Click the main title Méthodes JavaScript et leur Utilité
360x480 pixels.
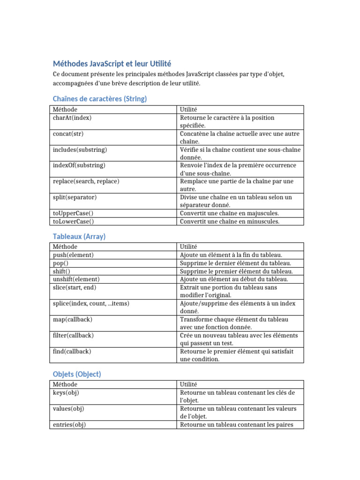(x=112, y=63)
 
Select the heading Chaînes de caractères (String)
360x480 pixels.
(x=100, y=98)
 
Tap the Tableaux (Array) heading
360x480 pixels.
(x=79, y=236)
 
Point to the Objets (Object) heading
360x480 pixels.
(x=77, y=374)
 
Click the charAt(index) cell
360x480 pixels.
(x=72, y=118)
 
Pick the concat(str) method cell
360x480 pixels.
(x=68, y=134)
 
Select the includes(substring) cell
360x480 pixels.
(x=80, y=150)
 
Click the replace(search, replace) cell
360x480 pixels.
(x=86, y=181)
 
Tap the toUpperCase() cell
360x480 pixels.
(x=73, y=213)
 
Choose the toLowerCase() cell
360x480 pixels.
(x=73, y=221)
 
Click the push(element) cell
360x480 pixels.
(x=73, y=255)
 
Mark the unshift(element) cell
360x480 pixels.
(x=76, y=279)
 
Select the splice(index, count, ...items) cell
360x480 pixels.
(x=91, y=303)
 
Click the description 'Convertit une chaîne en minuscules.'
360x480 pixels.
(x=229, y=221)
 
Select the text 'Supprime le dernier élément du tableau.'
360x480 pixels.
(x=235, y=263)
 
